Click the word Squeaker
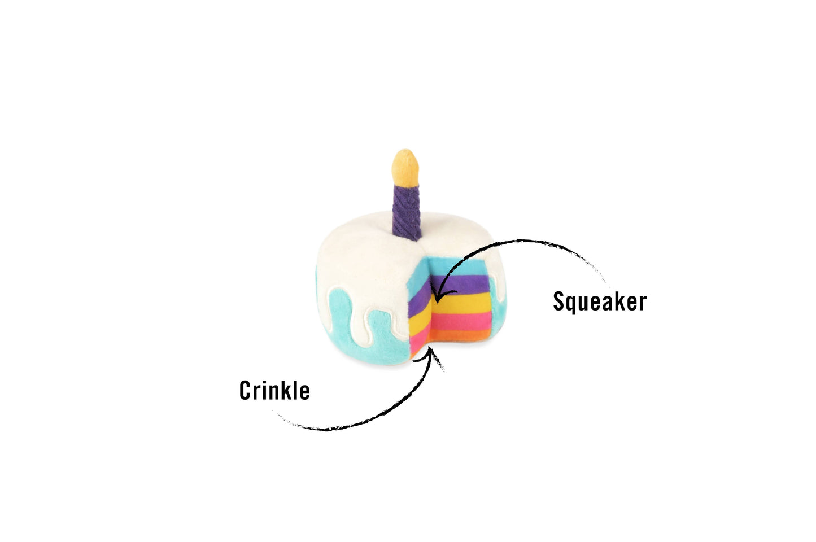(x=600, y=302)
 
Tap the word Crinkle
(x=274, y=391)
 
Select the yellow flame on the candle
(x=405, y=167)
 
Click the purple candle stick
(x=407, y=212)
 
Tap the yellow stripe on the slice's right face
(x=462, y=302)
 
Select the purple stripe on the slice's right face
(x=460, y=284)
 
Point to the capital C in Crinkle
(x=246, y=391)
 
